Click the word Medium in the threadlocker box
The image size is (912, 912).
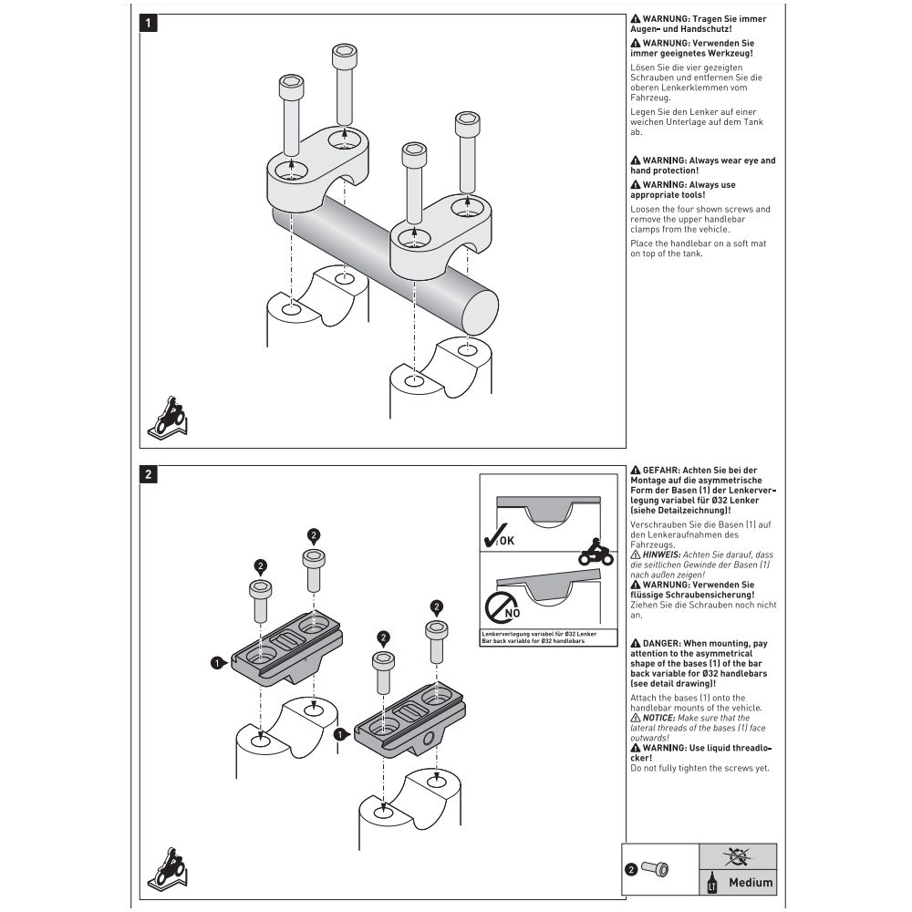751,882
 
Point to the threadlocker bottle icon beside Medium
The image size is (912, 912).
712,882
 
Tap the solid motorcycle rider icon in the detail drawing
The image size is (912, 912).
595,551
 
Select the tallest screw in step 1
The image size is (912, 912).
344,87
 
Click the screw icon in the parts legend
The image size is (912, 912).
654,869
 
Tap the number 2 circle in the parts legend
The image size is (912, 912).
631,869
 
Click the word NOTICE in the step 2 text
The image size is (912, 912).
661,718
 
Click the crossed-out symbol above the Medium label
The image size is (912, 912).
737,855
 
